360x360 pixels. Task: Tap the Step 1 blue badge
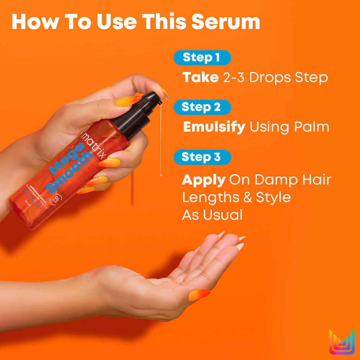tap(202, 57)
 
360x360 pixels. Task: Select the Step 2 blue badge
tap(202, 107)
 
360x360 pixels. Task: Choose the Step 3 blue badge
tap(202, 157)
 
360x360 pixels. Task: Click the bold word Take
tap(200, 78)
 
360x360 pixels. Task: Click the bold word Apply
tap(203, 180)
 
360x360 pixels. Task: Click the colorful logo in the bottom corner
tap(342, 342)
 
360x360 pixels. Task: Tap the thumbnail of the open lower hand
tap(199, 295)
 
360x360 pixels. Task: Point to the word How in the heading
tap(31, 22)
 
